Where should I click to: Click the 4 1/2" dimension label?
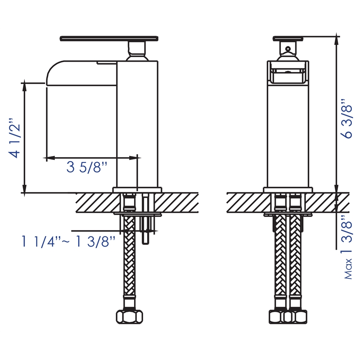tap(14, 138)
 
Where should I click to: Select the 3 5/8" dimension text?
tap(87, 168)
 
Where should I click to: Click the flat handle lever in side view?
tap(109, 38)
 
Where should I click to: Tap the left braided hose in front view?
tap(280, 261)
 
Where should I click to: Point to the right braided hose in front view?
tap(296, 261)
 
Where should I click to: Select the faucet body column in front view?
tap(288, 135)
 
